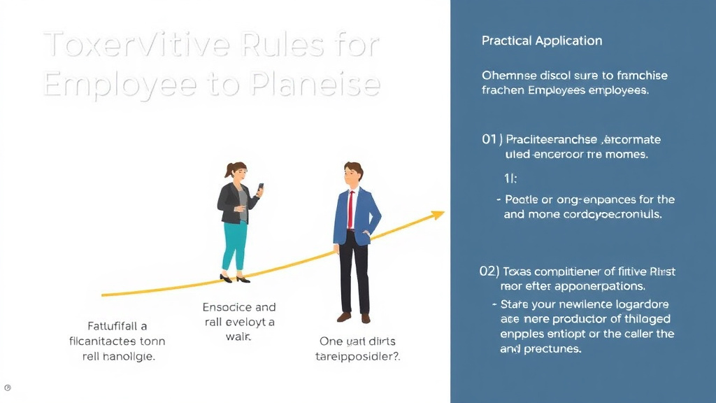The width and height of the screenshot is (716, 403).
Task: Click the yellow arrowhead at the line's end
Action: (438, 215)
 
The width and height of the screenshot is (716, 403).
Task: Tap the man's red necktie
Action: (350, 209)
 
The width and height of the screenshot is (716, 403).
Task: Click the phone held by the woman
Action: (261, 188)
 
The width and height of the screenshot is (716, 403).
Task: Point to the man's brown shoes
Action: (354, 317)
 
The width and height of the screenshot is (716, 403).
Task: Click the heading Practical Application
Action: (541, 41)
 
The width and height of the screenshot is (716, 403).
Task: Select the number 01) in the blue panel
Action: (492, 139)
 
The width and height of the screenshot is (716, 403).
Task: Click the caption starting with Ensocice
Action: (238, 322)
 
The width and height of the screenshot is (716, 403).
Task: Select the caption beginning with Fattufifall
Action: (117, 341)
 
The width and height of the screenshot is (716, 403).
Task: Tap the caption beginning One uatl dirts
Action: (357, 348)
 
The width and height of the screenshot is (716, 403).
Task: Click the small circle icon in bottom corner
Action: (7, 388)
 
